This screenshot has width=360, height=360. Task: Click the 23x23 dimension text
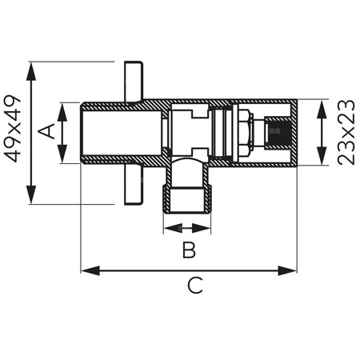[x=346, y=132]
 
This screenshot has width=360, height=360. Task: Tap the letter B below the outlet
[x=188, y=250]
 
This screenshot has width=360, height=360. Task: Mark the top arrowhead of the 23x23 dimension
[x=322, y=105]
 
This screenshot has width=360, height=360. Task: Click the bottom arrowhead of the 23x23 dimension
[x=322, y=161]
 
